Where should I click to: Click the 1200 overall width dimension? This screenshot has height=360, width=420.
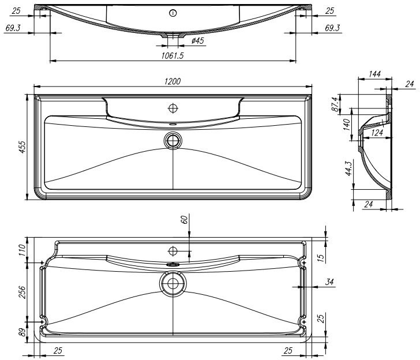click(172, 81)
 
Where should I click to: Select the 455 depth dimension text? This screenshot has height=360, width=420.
click(22, 147)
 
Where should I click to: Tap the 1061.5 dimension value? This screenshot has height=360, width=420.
click(172, 56)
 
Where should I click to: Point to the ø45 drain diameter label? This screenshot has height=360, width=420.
click(198, 41)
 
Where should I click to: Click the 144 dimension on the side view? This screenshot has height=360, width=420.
click(374, 74)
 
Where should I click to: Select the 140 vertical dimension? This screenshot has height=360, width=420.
click(346, 125)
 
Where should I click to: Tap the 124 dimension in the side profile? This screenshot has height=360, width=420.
click(377, 132)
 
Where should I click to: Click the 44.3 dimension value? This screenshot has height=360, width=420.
click(348, 168)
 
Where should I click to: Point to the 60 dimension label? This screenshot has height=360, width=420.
click(185, 220)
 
